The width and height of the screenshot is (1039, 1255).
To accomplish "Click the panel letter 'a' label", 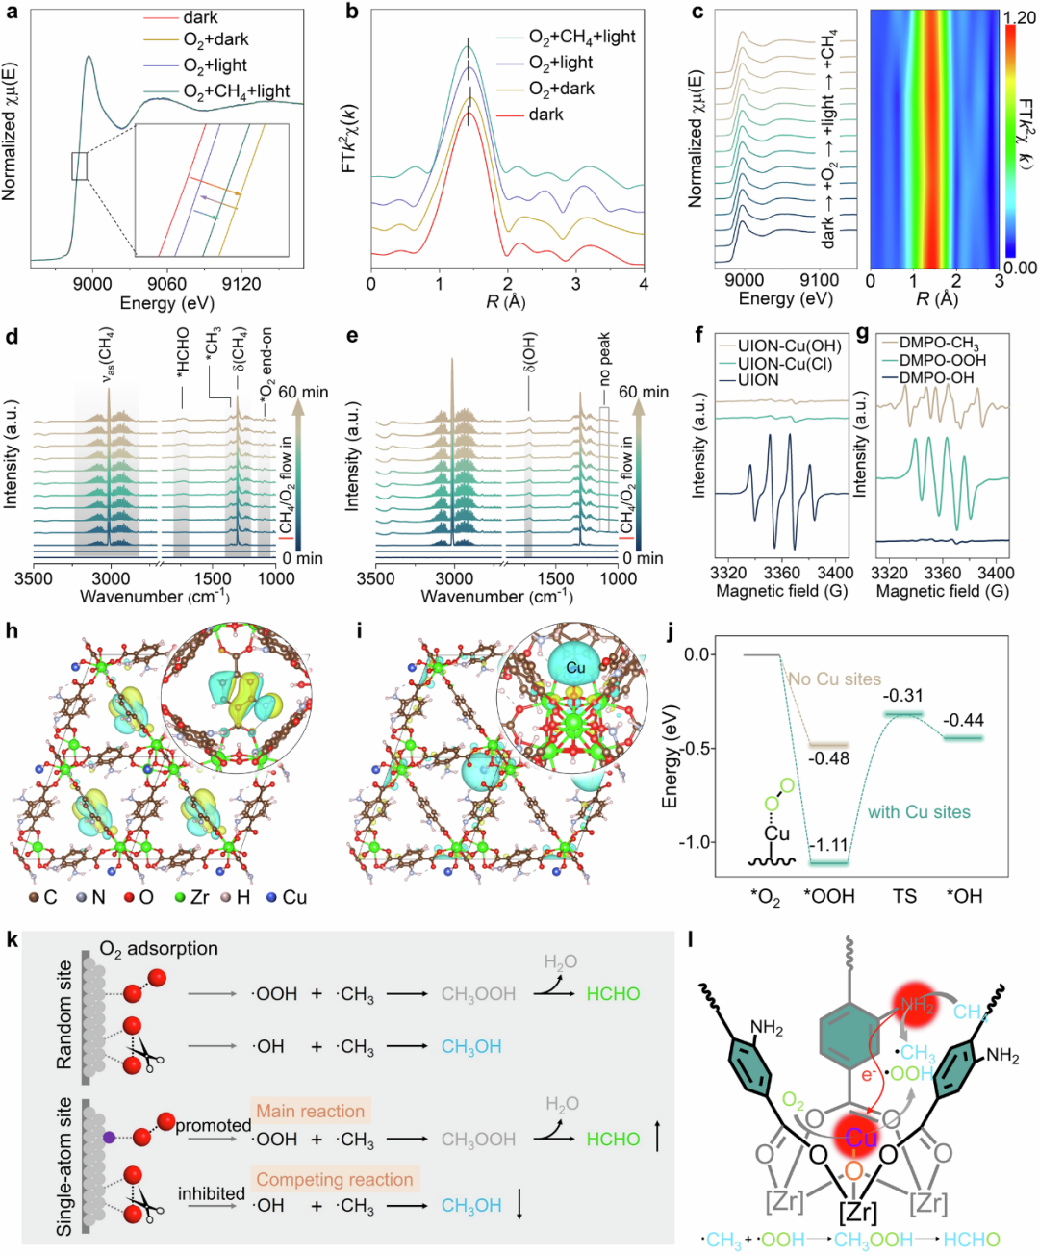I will pos(13,13).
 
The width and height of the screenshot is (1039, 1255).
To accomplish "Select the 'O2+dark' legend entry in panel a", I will pos(215,39).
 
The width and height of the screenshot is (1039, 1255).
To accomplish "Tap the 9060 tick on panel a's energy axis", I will pos(166,283).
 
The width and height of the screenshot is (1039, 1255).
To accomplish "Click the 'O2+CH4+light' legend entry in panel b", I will pos(582,37).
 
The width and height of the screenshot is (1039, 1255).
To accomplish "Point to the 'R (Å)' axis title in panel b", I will pos(506,302).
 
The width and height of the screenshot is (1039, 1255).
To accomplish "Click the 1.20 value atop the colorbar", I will pos(1019,18).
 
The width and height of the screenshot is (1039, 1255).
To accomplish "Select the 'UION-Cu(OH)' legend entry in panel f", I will pos(789,346).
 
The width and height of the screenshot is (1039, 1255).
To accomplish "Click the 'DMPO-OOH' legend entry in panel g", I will pos(943,360).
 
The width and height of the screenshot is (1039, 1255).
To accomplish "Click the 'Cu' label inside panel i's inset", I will pos(575,668).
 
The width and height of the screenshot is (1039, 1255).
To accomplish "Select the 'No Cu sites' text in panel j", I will pos(834,679).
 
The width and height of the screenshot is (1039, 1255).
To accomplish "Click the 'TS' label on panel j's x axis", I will pos(904,896).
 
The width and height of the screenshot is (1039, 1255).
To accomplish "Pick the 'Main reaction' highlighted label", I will pos(311,1111).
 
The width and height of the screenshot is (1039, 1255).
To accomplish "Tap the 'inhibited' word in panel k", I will pos(212,1193).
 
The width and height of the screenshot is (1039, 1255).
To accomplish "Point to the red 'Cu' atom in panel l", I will pos(860,1139).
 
